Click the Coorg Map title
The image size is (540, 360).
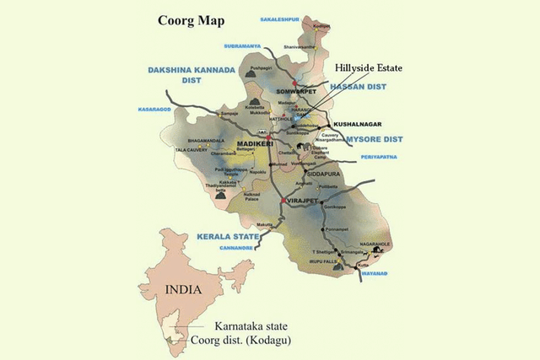[x=187, y=20]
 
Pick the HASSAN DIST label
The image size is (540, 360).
[x=356, y=87]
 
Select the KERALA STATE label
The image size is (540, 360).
[x=225, y=236]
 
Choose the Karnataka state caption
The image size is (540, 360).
[x=251, y=325]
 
